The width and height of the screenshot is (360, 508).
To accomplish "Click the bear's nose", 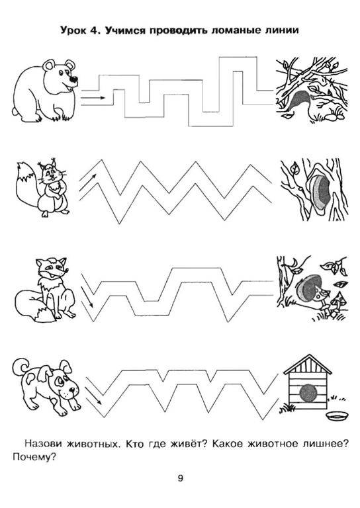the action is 74,79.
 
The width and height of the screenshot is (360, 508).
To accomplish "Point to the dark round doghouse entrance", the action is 308,394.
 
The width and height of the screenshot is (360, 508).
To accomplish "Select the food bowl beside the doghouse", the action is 336,415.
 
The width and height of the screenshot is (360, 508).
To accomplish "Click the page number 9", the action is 180,478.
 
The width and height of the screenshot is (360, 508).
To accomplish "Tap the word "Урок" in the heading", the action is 73,30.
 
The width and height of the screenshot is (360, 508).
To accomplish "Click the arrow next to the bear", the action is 93,97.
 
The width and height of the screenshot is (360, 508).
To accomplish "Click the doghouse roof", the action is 308,364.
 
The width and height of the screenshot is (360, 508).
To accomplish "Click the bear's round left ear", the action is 49,65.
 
